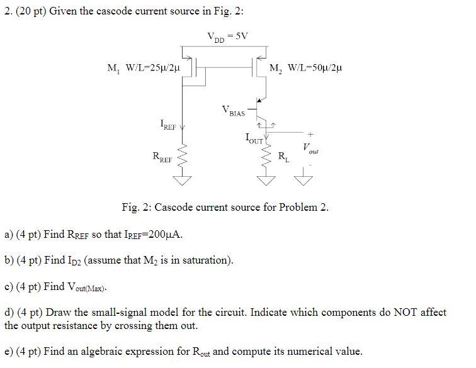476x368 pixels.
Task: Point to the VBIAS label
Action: coord(234,111)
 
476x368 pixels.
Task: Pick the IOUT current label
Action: coord(254,138)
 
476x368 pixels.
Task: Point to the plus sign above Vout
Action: coord(310,134)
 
